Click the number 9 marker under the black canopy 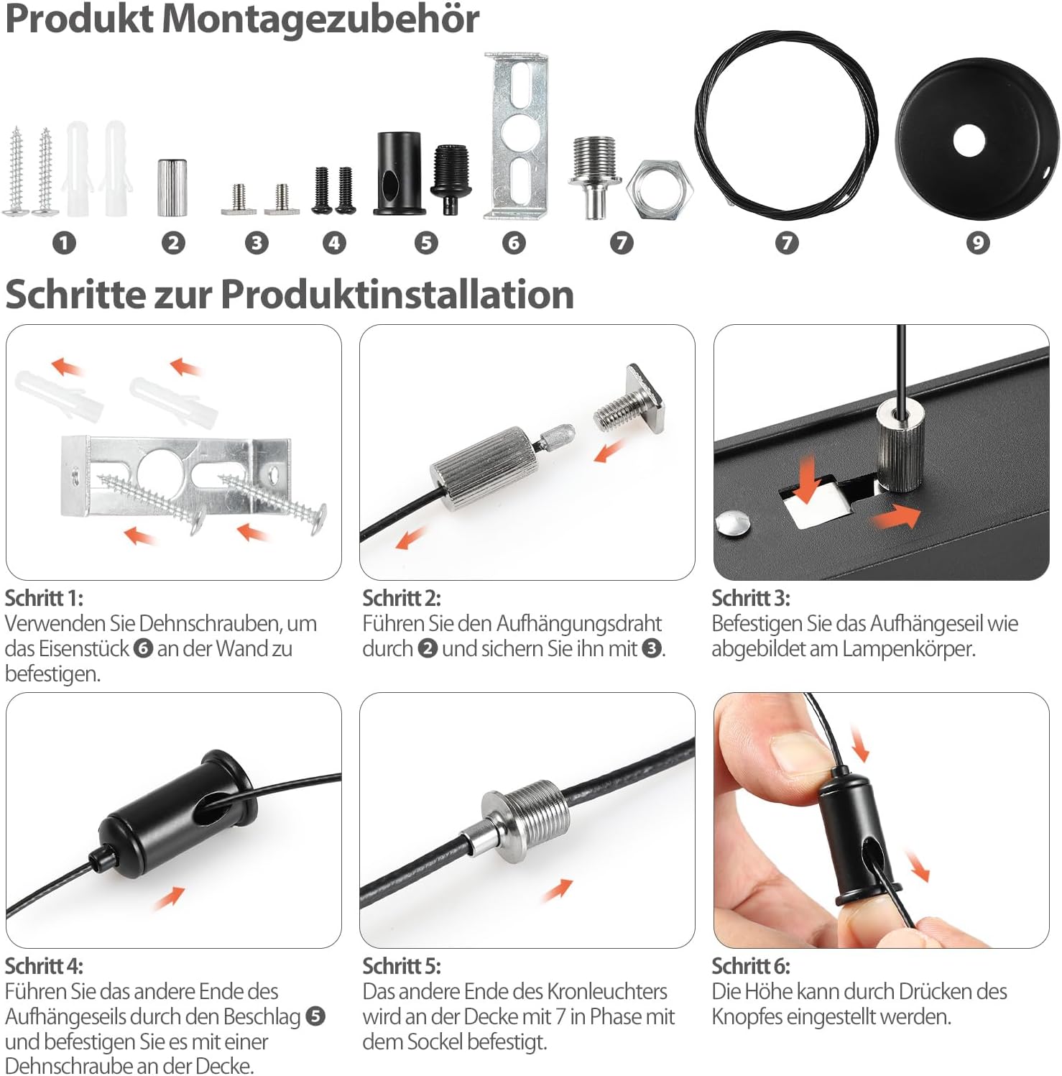977,243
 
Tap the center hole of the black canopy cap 969,141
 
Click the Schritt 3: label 750,598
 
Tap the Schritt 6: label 750,966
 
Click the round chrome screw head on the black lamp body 734,523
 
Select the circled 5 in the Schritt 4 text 315,1016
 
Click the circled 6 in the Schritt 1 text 144,648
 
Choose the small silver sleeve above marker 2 172,188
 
